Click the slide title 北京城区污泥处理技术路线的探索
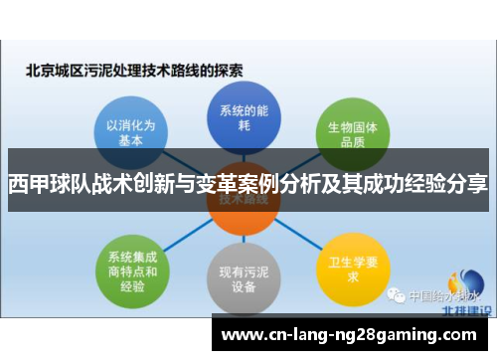click(134, 71)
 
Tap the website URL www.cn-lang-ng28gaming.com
click(350, 333)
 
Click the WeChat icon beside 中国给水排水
click(397, 295)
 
